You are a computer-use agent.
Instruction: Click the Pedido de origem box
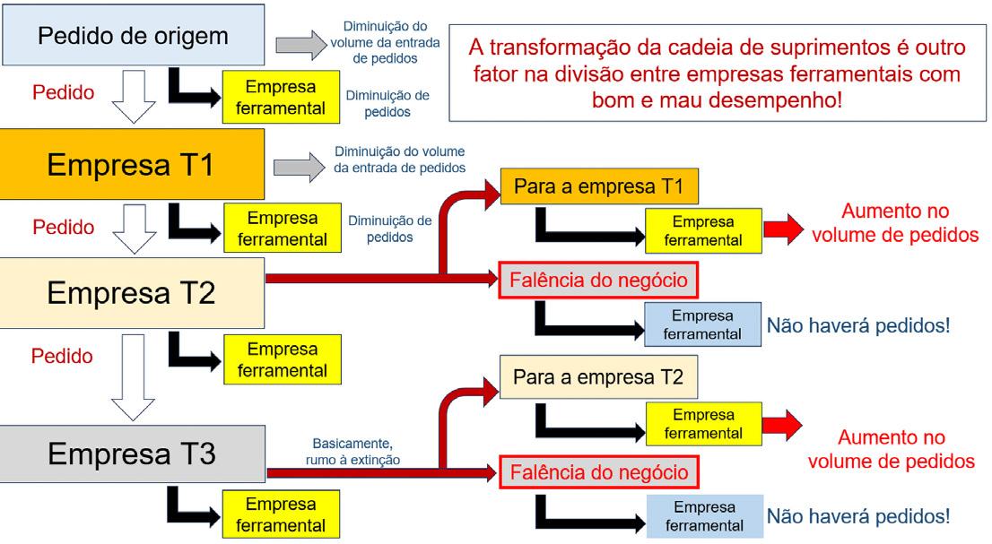(x=133, y=36)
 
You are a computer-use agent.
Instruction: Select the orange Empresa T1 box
(x=133, y=165)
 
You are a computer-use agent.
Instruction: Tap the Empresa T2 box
(x=133, y=292)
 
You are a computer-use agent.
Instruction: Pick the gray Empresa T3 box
(x=133, y=453)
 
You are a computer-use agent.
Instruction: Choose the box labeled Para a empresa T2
(x=597, y=379)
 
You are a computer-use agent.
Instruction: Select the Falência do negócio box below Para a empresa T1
(x=599, y=281)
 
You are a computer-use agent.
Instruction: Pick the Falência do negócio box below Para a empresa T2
(x=599, y=471)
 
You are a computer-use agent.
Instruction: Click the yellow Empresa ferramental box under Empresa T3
(x=282, y=514)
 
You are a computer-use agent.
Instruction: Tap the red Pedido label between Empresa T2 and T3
(x=62, y=356)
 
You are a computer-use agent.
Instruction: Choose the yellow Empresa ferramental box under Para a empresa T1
(x=702, y=230)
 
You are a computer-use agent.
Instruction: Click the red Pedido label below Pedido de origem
(x=62, y=92)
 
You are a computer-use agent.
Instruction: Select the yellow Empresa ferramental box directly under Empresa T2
(x=282, y=358)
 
